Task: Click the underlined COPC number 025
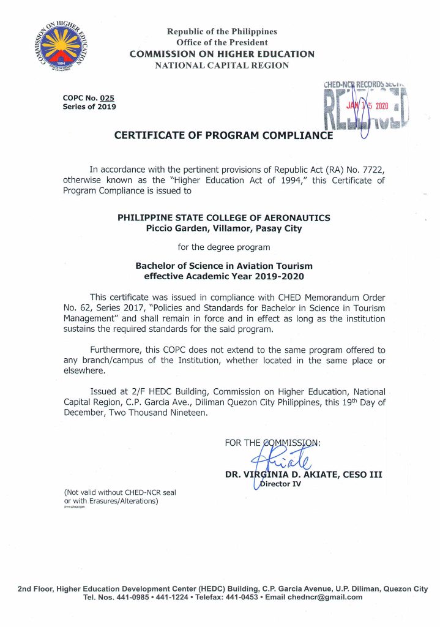pos(107,97)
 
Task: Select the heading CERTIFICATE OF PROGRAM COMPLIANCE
pos(223,136)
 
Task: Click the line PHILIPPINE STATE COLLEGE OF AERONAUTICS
pos(223,218)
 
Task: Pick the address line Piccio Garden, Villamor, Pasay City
pos(223,228)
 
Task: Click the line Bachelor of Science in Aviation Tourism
pos(223,266)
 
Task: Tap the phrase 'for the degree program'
pos(223,247)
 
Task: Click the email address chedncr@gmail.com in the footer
pos(328,597)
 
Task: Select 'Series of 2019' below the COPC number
pos(89,107)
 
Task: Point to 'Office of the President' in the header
pos(222,42)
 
